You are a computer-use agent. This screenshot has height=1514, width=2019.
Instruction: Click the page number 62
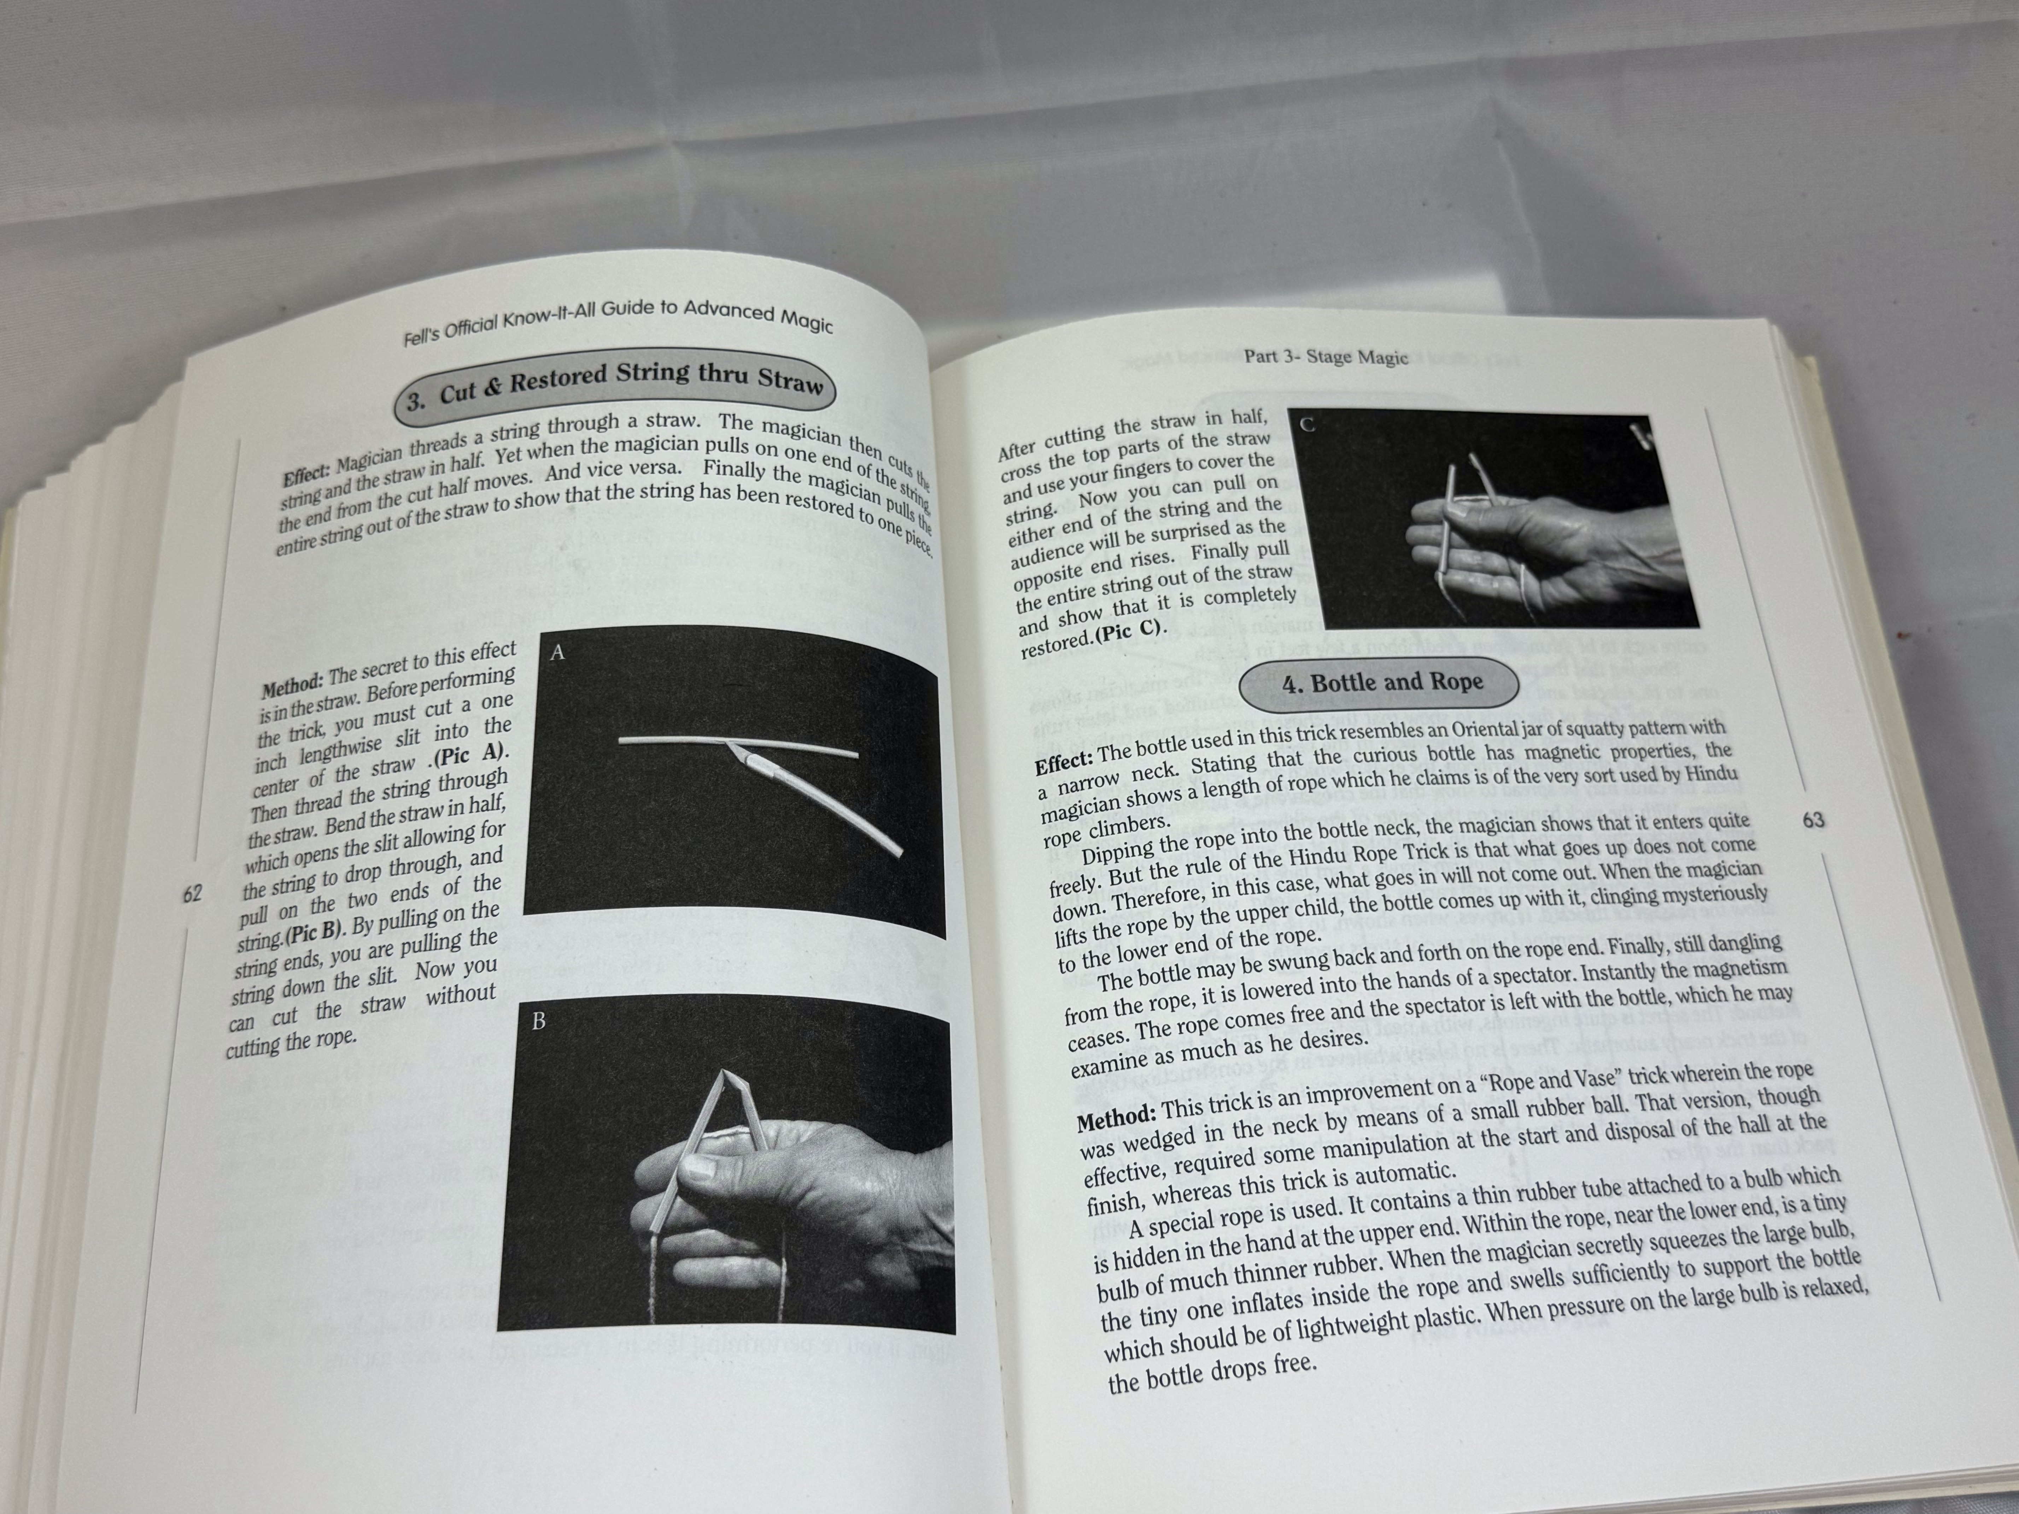tap(192, 892)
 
